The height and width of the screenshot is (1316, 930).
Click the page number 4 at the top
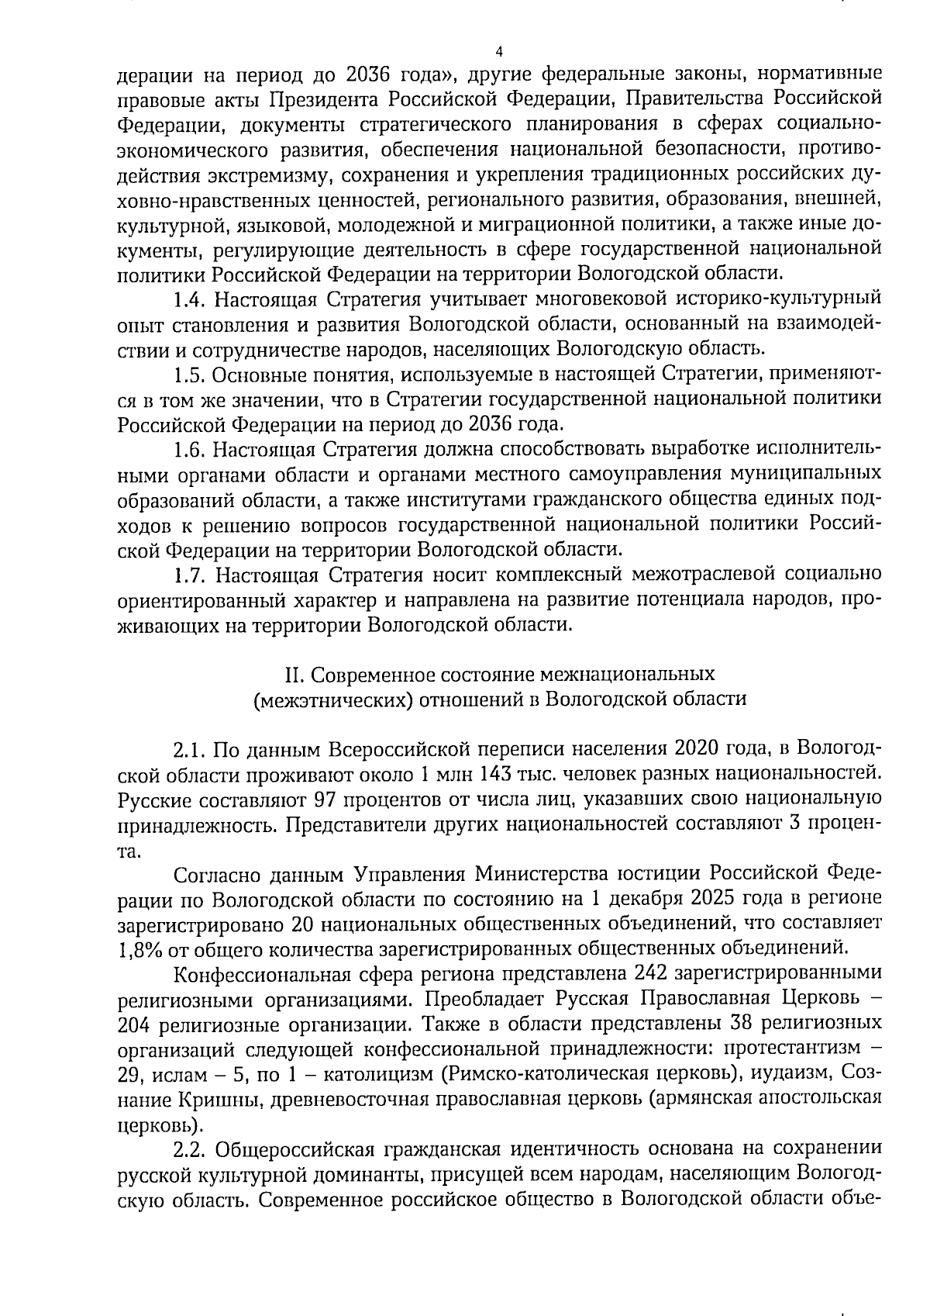(499, 52)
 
